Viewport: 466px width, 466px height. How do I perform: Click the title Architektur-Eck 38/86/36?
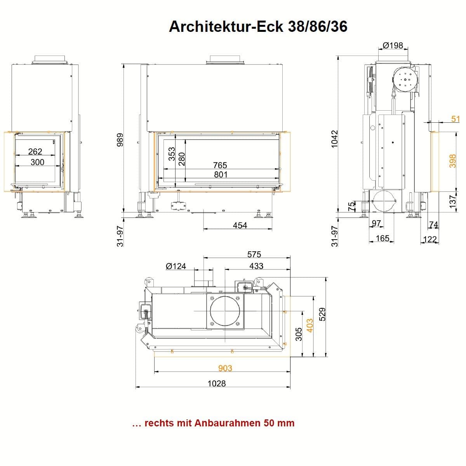[258, 26]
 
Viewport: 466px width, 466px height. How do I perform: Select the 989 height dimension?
[120, 140]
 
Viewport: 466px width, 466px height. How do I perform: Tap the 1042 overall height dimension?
[335, 138]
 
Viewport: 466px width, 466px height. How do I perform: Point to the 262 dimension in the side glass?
[35, 151]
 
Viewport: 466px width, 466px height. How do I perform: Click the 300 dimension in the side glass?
[37, 162]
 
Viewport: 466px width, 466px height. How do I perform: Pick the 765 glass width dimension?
[220, 165]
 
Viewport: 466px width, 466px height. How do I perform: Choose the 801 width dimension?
[221, 174]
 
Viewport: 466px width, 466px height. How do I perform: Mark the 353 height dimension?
[171, 155]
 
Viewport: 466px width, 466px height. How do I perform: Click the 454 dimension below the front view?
[240, 225]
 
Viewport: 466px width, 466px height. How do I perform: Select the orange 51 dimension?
[456, 118]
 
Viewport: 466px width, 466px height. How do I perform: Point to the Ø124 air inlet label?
[176, 266]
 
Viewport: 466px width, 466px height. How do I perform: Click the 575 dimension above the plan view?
[254, 254]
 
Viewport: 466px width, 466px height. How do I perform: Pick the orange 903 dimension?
[225, 368]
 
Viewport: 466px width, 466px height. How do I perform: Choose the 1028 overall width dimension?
[216, 383]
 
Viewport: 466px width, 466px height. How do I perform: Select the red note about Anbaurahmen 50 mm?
[213, 423]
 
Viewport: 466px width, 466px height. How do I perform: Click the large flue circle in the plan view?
[225, 311]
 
